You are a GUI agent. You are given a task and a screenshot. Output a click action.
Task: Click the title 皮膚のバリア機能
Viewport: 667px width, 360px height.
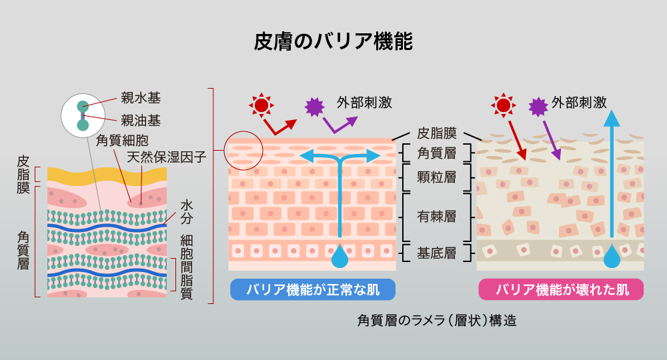333,41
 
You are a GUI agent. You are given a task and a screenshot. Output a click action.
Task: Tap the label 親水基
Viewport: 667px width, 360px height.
140,98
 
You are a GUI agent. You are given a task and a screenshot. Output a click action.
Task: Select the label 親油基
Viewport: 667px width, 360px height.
140,121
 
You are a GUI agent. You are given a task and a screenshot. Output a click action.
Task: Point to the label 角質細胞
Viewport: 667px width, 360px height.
122,140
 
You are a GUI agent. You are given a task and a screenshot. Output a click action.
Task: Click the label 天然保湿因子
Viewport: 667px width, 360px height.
166,158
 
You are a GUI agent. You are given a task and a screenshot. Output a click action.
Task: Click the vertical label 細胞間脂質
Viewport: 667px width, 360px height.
187,267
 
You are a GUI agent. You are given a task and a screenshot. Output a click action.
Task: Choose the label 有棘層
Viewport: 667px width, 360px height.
436,216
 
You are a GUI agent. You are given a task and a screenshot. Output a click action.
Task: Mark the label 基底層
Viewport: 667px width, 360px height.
436,253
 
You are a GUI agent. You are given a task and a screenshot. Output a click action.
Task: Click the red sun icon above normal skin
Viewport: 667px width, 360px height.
261,105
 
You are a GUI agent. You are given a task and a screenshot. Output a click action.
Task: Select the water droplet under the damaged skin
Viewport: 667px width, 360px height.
611,255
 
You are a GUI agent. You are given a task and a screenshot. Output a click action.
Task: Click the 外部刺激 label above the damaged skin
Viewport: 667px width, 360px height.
579,103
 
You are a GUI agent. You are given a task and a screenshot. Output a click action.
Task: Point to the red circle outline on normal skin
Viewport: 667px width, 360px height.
244,150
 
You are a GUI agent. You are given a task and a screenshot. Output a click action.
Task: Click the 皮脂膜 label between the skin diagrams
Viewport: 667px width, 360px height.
436,133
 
